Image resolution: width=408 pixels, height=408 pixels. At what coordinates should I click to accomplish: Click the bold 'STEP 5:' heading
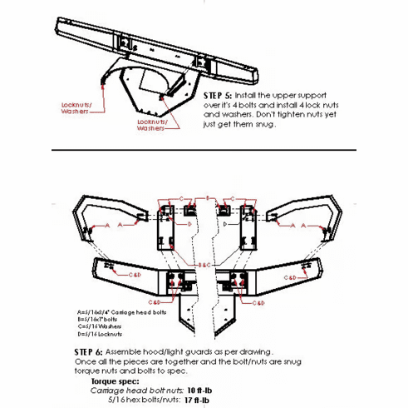click(218, 95)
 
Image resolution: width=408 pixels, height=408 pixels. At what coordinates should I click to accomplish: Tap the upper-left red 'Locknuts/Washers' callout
click(76, 108)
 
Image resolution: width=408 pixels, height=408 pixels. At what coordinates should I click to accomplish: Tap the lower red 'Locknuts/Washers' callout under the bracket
click(152, 125)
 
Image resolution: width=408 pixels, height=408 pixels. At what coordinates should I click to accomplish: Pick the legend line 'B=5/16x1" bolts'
click(98, 319)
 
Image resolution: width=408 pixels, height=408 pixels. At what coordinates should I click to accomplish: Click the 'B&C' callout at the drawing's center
click(204, 265)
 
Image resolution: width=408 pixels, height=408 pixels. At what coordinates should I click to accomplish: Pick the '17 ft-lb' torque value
click(197, 400)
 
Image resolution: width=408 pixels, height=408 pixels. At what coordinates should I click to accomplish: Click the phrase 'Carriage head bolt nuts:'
click(137, 391)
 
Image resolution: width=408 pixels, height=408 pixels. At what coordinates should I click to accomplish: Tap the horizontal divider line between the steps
click(204, 150)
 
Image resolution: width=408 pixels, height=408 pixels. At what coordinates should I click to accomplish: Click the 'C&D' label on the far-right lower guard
click(290, 278)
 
